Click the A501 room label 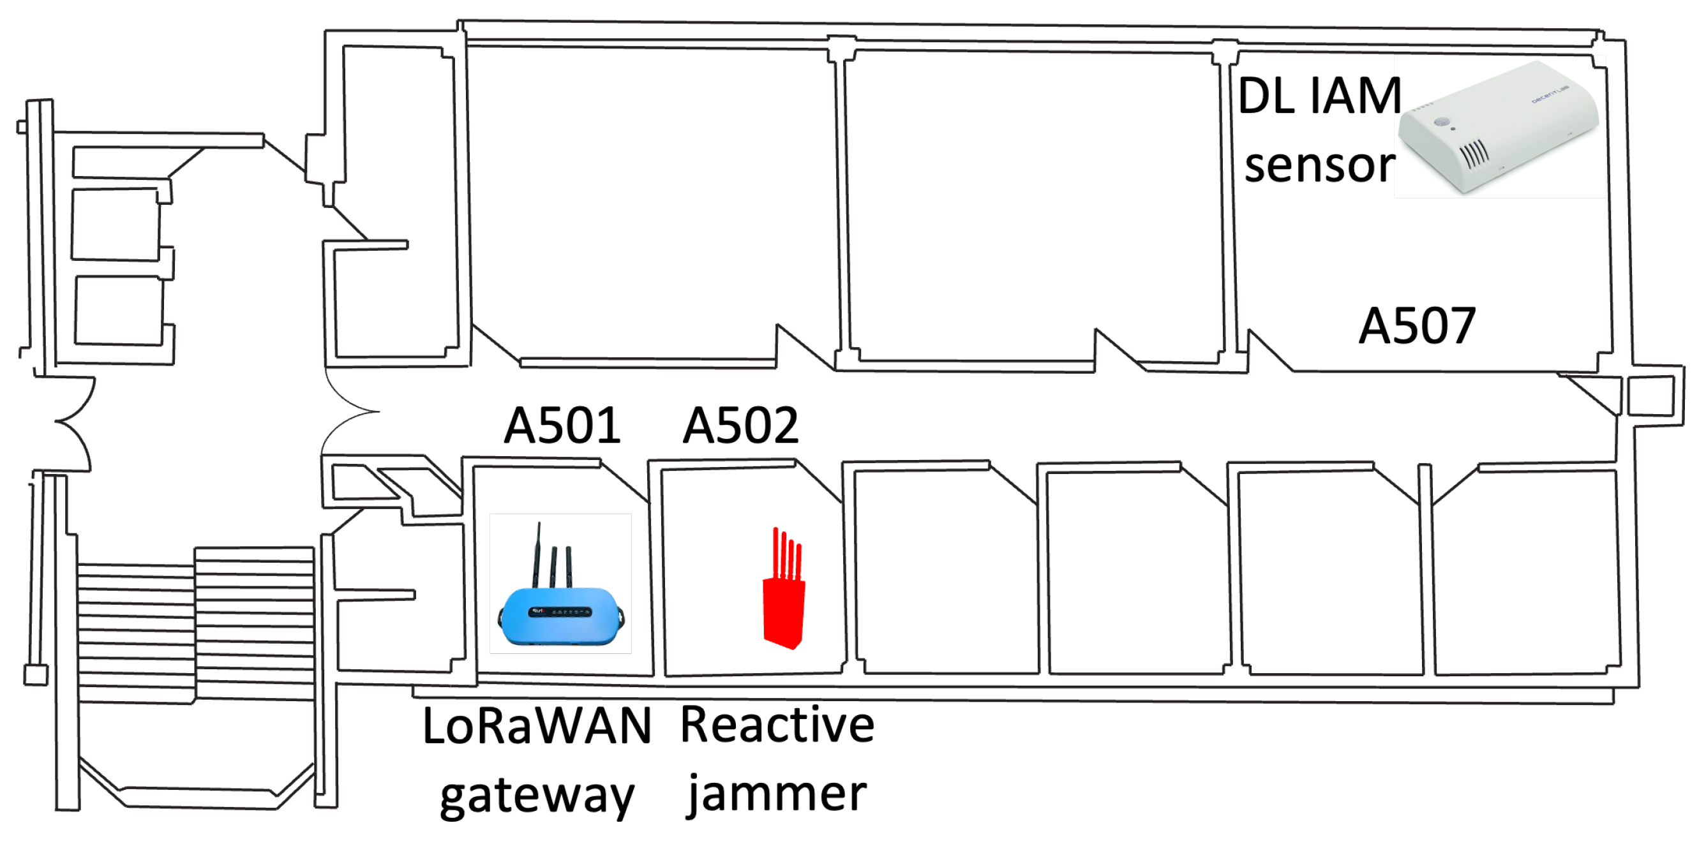(562, 425)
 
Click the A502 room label (740, 425)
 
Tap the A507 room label (1417, 326)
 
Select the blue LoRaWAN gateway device (560, 615)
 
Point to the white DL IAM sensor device (1498, 129)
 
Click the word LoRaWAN (537, 726)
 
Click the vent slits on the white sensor (1474, 154)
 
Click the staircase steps (195, 623)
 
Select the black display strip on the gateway (560, 612)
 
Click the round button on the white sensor (1442, 122)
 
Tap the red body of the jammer (784, 612)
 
